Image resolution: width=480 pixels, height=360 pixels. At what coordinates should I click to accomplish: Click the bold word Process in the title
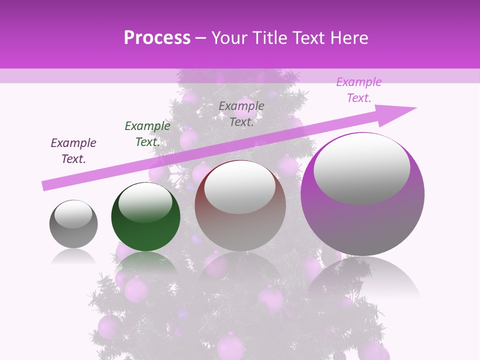coord(157,37)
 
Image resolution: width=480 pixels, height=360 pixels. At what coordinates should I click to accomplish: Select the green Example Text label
coord(147,134)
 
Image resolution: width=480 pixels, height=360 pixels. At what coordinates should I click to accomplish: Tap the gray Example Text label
coord(241,113)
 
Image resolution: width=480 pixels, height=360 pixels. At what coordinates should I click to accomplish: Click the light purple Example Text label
coord(359,90)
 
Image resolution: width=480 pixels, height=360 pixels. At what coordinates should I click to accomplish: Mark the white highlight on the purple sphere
coord(361,167)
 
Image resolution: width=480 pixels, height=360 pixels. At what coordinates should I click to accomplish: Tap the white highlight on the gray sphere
coord(73,214)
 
